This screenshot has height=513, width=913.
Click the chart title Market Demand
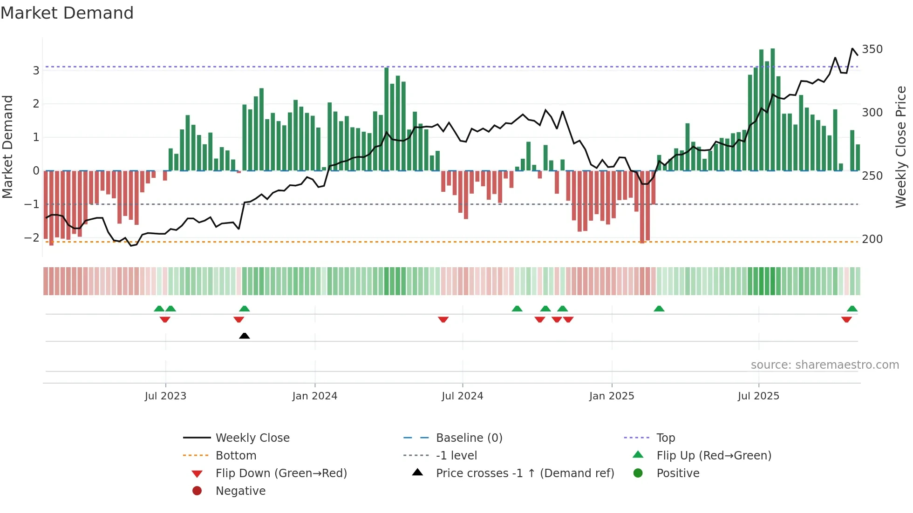[67, 13]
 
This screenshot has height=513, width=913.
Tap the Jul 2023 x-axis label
[165, 396]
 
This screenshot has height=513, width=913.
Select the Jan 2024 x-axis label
[315, 396]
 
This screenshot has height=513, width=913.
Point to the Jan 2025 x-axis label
[612, 396]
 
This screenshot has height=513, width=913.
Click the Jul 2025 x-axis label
[758, 396]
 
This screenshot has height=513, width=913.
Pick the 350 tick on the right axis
[872, 49]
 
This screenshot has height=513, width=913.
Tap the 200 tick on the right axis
[872, 239]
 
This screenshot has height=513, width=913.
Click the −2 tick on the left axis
[32, 238]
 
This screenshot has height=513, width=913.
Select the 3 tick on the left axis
[36, 71]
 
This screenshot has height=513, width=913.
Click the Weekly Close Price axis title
[901, 147]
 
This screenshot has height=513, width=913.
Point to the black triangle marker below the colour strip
[245, 336]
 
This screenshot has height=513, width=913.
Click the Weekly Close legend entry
[252, 438]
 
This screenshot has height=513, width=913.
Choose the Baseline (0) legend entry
[469, 438]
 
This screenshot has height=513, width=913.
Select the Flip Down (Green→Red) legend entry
[281, 473]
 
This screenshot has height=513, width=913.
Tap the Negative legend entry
[240, 491]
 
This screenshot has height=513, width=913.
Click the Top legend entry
[666, 438]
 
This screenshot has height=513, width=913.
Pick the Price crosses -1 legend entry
[525, 473]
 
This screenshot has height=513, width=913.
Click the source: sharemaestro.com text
[824, 365]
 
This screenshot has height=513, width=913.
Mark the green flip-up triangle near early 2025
[659, 309]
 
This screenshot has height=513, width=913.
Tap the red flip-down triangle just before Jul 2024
[443, 319]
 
